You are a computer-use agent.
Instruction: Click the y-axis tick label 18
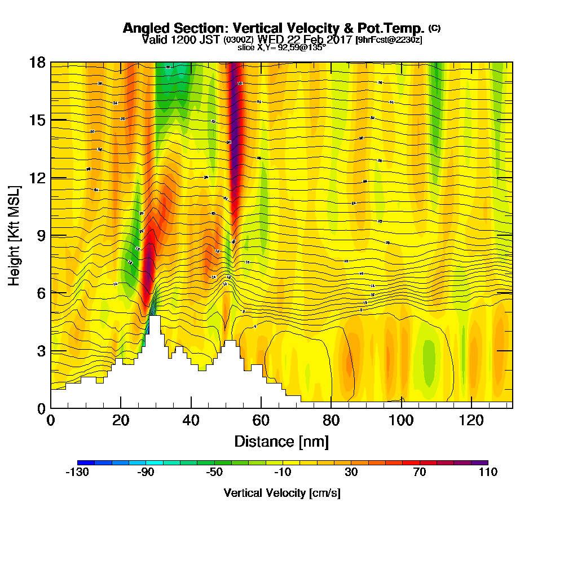pyautogui.click(x=37, y=62)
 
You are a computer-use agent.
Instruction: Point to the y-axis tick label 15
pyautogui.click(x=37, y=120)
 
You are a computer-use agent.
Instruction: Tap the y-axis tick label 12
pyautogui.click(x=37, y=178)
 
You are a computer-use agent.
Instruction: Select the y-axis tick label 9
pyautogui.click(x=41, y=235)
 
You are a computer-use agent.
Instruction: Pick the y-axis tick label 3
pyautogui.click(x=41, y=351)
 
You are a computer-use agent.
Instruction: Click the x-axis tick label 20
pyautogui.click(x=121, y=421)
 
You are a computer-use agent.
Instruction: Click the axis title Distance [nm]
pyautogui.click(x=281, y=441)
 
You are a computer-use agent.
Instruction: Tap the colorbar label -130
pyautogui.click(x=77, y=473)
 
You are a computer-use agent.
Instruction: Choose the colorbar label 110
pyautogui.click(x=487, y=473)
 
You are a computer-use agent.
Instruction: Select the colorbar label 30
pyautogui.click(x=351, y=473)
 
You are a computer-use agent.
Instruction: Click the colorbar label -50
pyautogui.click(x=214, y=473)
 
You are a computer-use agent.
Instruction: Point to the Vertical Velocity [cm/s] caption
pyautogui.click(x=281, y=493)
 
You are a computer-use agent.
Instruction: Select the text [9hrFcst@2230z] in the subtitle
pyautogui.click(x=389, y=39)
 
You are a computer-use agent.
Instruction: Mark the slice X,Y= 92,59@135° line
pyautogui.click(x=281, y=47)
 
